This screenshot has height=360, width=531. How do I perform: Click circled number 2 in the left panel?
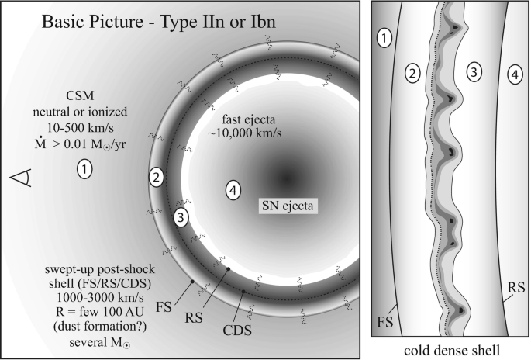coord(157,178)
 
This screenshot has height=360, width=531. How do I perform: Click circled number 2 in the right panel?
coord(413,74)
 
